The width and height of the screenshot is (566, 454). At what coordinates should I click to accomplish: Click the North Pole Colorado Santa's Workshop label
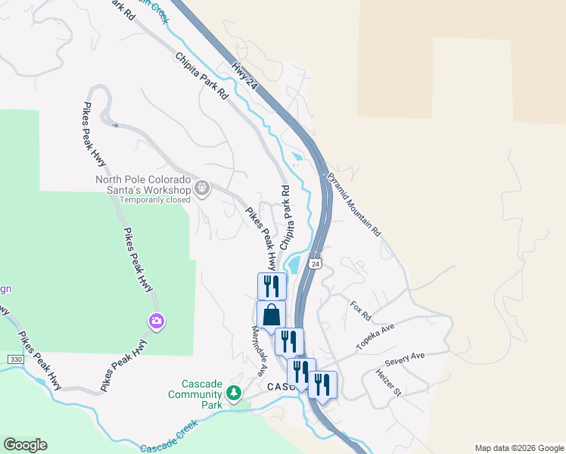click(144, 185)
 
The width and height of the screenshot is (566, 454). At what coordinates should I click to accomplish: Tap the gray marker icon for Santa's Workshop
click(202, 187)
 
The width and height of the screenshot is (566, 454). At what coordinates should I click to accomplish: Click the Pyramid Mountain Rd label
click(353, 204)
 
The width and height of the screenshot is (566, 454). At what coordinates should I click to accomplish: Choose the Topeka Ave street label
click(376, 337)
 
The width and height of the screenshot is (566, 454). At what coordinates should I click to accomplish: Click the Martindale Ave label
click(260, 351)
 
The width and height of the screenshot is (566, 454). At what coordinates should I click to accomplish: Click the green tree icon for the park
click(235, 393)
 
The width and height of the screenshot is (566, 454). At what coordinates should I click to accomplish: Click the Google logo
click(25, 445)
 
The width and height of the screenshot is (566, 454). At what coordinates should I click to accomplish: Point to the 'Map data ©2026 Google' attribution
click(518, 448)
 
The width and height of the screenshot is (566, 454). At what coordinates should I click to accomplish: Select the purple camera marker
click(157, 322)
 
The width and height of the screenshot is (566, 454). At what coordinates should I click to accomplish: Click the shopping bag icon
click(271, 314)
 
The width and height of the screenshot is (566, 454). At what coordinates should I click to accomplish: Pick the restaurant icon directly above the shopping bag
click(272, 286)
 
